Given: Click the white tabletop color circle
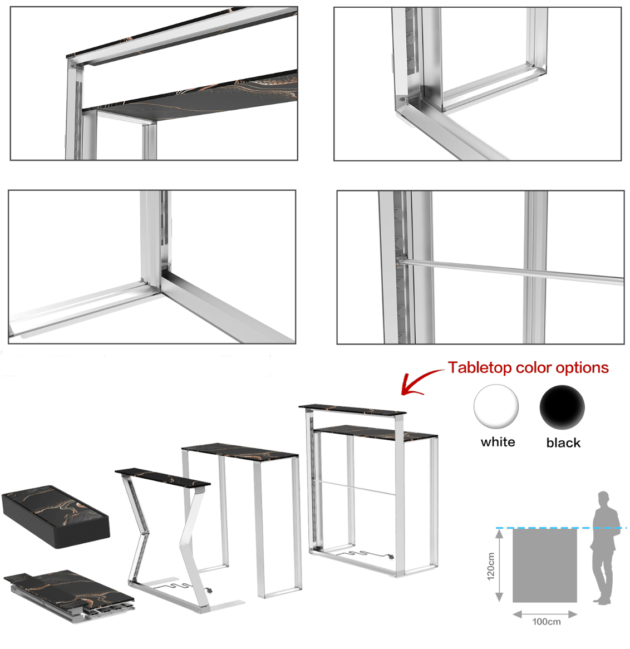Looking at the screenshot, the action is tap(496, 406).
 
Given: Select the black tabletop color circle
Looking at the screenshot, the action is tap(562, 407).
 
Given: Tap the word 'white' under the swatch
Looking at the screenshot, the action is tap(498, 442).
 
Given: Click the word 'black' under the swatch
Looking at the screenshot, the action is tap(563, 442).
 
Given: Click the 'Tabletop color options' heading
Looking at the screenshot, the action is tap(528, 367).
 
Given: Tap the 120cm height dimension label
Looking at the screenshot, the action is tap(491, 566).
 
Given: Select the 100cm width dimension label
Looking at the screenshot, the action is tap(547, 622).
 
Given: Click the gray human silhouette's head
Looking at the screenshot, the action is tap(603, 498).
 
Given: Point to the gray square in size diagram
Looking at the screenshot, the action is tap(545, 566).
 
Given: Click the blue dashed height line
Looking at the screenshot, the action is tap(561, 528).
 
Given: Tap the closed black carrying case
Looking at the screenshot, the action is tap(56, 516).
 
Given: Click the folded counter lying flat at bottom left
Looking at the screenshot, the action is tap(69, 596).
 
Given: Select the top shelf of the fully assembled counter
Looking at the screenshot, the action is tap(352, 409).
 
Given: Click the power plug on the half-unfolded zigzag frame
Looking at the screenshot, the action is tap(210, 591).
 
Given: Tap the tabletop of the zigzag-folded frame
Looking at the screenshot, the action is tap(163, 477).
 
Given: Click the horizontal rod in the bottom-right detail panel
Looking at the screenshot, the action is tap(511, 271).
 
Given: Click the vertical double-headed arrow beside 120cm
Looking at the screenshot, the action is tap(500, 566).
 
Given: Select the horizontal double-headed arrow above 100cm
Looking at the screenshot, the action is tap(545, 614).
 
